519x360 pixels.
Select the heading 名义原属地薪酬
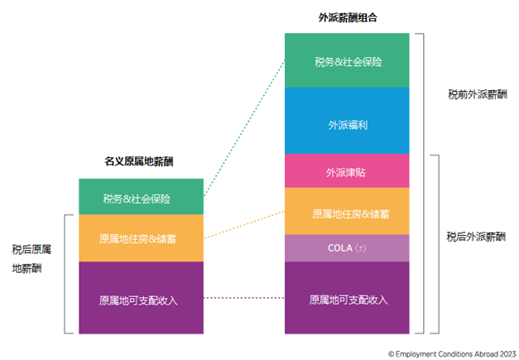tap(139, 162)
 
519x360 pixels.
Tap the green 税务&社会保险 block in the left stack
tap(141, 198)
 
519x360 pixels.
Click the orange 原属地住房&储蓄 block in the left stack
tap(141, 238)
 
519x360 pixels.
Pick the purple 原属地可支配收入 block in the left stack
tap(141, 298)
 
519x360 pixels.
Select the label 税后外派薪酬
tap(469, 236)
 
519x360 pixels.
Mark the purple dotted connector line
tap(244, 298)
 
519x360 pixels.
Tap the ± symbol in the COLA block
tap(361, 248)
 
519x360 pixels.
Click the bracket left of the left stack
tap(66, 273)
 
